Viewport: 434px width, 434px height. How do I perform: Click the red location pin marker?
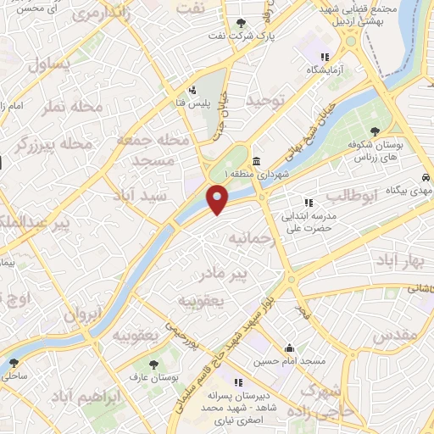click(218, 200)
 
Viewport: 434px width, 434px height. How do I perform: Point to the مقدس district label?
click(395, 335)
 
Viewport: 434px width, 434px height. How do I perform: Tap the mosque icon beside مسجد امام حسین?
click(291, 348)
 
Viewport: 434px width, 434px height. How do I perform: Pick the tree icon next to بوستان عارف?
click(153, 364)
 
